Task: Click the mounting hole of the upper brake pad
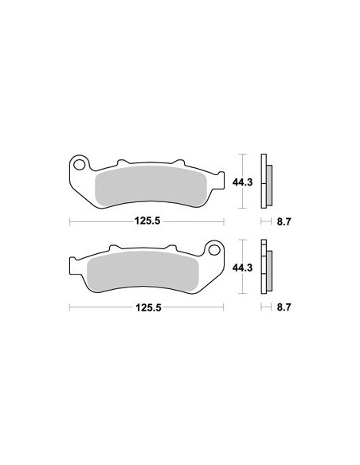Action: tap(79, 165)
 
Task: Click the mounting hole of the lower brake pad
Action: tap(214, 250)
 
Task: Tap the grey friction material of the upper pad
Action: tap(151, 186)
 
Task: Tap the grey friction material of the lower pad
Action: tap(143, 272)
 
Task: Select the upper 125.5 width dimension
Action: tap(147, 221)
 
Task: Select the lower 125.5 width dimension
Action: tap(148, 307)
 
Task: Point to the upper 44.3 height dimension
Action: tap(243, 182)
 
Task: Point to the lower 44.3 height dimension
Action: tap(243, 268)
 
